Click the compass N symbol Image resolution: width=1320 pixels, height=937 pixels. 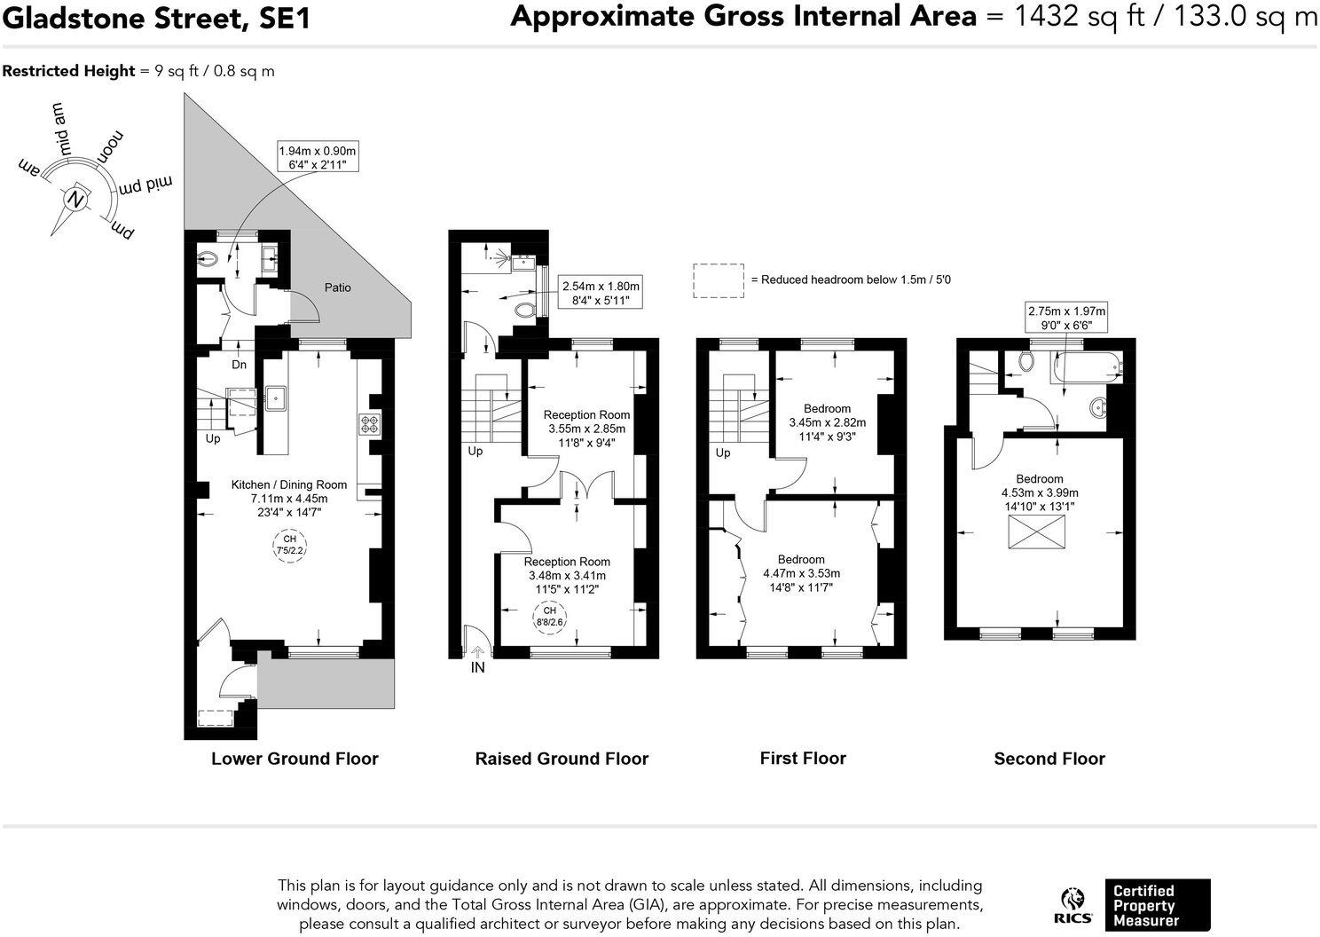(78, 200)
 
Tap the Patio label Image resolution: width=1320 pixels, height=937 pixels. (337, 287)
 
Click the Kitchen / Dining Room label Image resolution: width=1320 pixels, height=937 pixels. (289, 484)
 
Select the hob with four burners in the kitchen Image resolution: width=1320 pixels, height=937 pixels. (369, 424)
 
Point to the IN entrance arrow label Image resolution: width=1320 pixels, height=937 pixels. (477, 667)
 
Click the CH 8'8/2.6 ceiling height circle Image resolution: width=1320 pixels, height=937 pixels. (550, 616)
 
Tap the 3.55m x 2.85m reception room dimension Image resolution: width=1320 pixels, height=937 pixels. (586, 429)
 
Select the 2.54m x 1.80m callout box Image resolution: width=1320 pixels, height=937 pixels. (601, 294)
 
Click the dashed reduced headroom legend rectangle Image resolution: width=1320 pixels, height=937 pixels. (718, 280)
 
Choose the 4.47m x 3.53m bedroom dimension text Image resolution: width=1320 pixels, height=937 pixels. (801, 573)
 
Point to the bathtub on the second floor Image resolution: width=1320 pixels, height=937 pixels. (1088, 366)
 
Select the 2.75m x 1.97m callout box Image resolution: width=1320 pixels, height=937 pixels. (1066, 318)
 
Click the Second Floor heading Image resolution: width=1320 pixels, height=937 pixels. (1049, 759)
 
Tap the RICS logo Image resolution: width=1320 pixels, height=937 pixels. (1073, 906)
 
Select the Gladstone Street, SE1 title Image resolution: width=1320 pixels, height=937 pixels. (156, 18)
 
